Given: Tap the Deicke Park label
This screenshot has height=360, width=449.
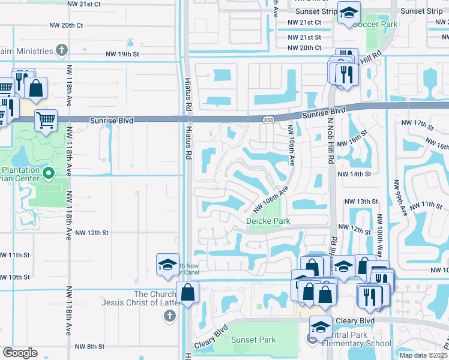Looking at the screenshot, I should [x=268, y=221].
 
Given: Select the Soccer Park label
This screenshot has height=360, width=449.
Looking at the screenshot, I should [x=375, y=25].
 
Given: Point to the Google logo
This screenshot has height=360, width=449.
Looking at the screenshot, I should [x=20, y=353].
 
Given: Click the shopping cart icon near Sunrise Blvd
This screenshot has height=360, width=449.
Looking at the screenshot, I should [x=46, y=119].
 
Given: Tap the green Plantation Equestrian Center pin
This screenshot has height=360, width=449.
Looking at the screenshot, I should [x=50, y=175].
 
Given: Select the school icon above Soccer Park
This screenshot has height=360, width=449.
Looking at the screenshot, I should [x=348, y=13].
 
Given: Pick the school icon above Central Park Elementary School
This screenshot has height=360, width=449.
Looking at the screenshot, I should [x=321, y=327].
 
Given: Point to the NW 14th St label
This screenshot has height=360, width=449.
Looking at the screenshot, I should [x=355, y=174].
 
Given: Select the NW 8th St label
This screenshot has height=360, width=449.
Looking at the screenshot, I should [x=91, y=347].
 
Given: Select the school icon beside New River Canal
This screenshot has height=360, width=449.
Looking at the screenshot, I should [x=167, y=265].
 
